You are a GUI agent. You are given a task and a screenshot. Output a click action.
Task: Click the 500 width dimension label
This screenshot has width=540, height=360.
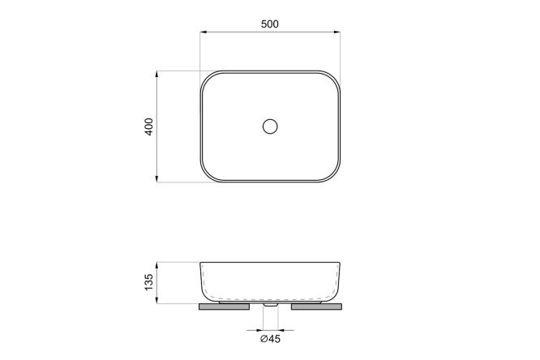pyautogui.click(x=270, y=24)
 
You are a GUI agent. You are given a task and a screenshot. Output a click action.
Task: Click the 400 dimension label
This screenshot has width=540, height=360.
pyautogui.click(x=148, y=126)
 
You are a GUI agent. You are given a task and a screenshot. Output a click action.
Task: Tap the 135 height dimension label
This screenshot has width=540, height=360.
pyautogui.click(x=148, y=282)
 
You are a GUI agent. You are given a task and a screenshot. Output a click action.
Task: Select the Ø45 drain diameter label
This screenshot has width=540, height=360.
pyautogui.click(x=270, y=339)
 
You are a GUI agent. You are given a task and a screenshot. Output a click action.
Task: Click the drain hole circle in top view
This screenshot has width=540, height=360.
pyautogui.click(x=270, y=126)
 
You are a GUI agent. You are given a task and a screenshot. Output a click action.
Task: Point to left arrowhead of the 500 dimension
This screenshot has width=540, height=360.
pyautogui.click(x=204, y=32)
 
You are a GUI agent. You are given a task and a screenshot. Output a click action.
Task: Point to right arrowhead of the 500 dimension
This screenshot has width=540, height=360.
pyautogui.click(x=337, y=32)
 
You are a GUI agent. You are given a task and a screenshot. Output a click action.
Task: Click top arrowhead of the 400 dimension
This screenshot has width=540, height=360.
pyautogui.click(x=157, y=74)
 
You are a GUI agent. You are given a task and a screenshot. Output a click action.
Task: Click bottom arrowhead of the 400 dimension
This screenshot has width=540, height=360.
pyautogui.click(x=157, y=178)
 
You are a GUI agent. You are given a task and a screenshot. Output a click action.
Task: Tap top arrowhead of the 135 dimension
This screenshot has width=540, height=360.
pyautogui.click(x=157, y=266)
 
